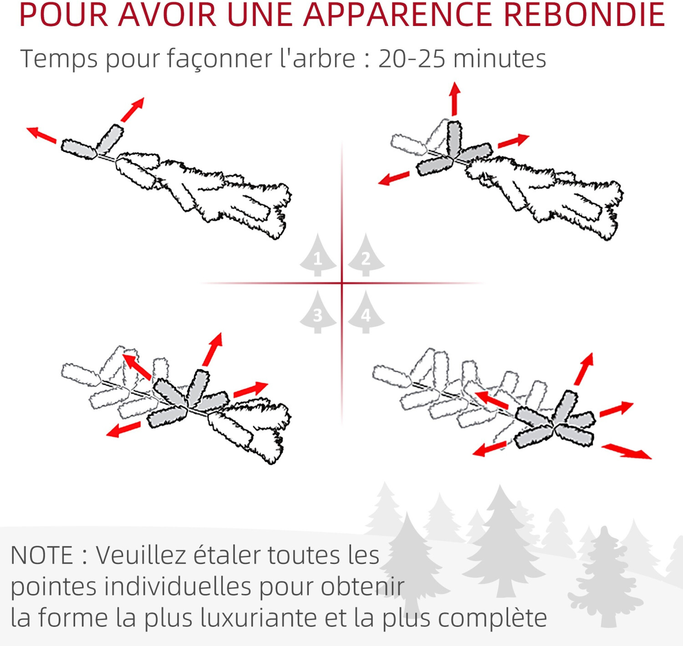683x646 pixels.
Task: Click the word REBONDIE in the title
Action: tap(584, 15)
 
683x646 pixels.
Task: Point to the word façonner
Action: tap(219, 59)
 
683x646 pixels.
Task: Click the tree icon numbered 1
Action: tap(318, 256)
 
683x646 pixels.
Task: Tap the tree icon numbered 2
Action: tap(366, 256)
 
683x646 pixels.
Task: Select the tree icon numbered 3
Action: tap(318, 313)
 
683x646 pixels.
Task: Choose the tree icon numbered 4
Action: tap(366, 313)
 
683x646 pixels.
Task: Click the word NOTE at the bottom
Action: tap(42, 555)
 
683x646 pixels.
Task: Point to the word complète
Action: tap(493, 619)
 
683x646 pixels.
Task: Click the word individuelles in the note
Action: tap(178, 586)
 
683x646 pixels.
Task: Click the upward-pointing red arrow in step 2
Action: tap(454, 99)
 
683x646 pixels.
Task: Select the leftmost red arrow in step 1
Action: tap(41, 135)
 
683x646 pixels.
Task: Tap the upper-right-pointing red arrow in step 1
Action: tap(133, 109)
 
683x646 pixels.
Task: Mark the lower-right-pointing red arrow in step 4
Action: tap(627, 451)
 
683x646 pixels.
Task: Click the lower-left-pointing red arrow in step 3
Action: tap(123, 430)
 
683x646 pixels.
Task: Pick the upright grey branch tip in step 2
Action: tap(454, 139)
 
